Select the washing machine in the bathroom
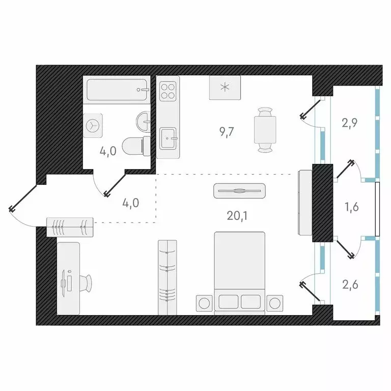94,124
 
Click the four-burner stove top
169,90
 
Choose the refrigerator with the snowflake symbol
225,88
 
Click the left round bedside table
205,302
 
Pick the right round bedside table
275,302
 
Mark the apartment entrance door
23,199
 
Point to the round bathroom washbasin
143,121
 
